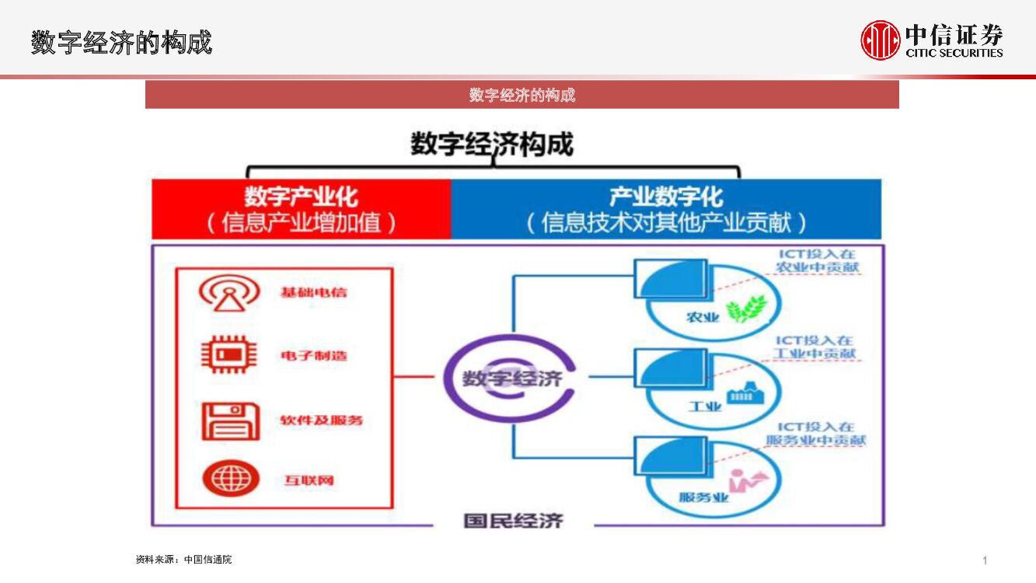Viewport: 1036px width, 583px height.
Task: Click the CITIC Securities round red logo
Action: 880,40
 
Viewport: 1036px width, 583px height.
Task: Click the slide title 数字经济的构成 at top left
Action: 121,42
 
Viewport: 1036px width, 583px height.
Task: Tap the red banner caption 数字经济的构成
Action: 521,95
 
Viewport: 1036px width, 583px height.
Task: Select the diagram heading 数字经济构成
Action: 491,145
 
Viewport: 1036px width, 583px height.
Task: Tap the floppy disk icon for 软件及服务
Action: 229,421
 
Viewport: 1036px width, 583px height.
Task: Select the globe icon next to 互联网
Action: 231,478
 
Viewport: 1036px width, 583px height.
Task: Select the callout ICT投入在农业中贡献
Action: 818,260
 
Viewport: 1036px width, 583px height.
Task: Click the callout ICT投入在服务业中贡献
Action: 816,434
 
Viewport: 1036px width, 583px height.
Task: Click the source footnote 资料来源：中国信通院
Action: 183,560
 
